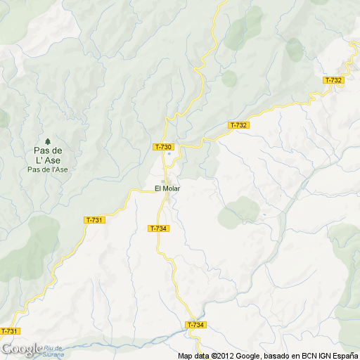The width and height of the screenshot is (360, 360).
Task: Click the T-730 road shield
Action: click(x=163, y=146)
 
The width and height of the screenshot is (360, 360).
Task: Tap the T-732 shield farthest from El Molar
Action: click(x=334, y=80)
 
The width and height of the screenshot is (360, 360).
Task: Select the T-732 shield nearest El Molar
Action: click(x=239, y=125)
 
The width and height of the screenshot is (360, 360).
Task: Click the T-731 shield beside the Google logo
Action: click(x=9, y=331)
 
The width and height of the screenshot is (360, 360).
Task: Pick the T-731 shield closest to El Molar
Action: click(x=94, y=220)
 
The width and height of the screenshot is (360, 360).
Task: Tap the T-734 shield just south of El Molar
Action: click(x=158, y=229)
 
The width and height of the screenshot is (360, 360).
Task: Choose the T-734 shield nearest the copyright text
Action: click(x=195, y=325)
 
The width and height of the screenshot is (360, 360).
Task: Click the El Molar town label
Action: click(x=167, y=188)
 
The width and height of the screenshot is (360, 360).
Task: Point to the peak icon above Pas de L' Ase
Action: click(x=48, y=139)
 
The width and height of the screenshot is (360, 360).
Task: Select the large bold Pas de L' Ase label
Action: click(x=48, y=155)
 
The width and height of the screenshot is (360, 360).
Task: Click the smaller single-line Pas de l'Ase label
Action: click(x=48, y=169)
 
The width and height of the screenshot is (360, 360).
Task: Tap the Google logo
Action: click(x=21, y=349)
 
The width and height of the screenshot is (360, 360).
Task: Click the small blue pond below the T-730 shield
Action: click(x=169, y=155)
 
